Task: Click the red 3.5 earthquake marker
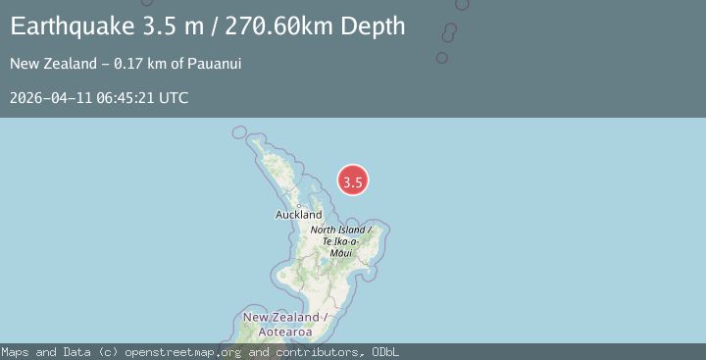[x=353, y=180]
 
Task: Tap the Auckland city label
[x=298, y=214]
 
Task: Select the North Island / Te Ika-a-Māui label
[x=340, y=240]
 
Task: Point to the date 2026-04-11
[x=50, y=98]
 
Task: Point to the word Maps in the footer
[x=15, y=352]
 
